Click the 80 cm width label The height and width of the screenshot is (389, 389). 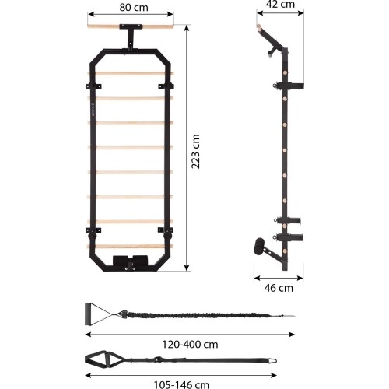pos(134,7)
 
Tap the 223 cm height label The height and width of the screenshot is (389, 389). pos(196,152)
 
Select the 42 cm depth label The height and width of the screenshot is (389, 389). pos(280,4)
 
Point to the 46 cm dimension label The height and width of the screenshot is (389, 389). pos(279,288)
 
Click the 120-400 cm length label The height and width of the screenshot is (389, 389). pos(190,345)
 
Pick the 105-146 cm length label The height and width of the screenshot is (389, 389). pos(181,384)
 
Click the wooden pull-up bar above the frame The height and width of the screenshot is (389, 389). pos(131,26)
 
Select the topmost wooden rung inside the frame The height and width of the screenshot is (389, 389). pos(131,74)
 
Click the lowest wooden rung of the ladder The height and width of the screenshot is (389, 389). pos(130,247)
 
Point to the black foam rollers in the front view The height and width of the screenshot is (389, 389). pos(130,261)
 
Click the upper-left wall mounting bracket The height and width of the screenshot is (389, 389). pos(93,86)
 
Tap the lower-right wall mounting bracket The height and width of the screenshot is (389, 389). pos(166,230)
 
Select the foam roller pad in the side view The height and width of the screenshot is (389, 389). pos(259,246)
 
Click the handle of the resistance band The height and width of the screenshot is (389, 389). pos(89,314)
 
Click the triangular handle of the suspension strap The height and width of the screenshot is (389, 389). pos(100,358)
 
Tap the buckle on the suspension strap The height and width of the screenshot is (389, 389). pos(157,359)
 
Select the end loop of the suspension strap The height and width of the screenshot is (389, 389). pos(272,361)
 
